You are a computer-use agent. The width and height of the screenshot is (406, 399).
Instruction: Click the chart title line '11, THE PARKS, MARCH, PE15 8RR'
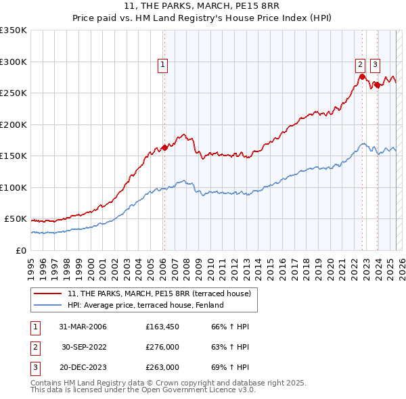pos(203,8)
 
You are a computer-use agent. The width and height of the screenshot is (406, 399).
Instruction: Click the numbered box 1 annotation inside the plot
pos(164,65)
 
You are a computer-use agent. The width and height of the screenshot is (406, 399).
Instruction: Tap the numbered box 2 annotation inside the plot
pos(361,65)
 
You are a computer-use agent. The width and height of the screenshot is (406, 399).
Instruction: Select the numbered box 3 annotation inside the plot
pos(375,65)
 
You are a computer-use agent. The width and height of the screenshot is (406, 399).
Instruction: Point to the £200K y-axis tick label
pos(14,124)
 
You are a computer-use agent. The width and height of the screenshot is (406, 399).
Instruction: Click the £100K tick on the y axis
pos(14,187)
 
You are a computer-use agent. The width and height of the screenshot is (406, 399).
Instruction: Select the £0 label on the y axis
pos(22,250)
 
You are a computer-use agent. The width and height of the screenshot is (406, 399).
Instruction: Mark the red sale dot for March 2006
pos(164,147)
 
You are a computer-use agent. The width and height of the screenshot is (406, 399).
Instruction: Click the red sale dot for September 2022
pos(362,76)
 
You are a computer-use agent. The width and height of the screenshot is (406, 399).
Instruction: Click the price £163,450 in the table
pos(162,327)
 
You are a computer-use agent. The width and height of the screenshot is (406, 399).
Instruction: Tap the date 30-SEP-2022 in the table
pos(84,347)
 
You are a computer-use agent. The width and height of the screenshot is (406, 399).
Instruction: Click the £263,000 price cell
pos(162,367)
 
